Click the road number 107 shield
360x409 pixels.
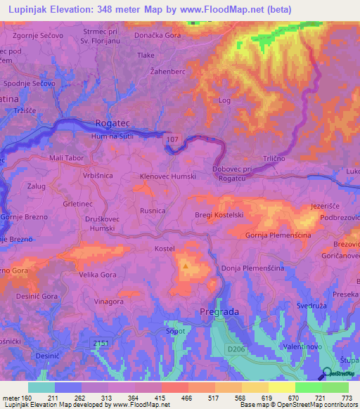pos(173,141)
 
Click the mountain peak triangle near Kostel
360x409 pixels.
pos(186,266)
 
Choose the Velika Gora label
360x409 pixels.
pos(97,275)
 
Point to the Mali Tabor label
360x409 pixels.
pos(65,158)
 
